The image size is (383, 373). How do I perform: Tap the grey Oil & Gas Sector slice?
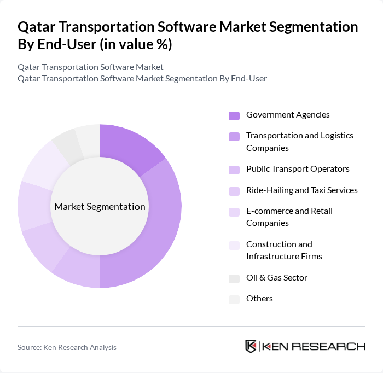tap(65, 144)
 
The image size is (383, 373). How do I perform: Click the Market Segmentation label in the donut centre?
tap(100, 207)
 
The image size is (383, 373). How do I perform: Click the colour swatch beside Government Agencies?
tap(234, 115)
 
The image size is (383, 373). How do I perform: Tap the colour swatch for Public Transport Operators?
tap(234, 170)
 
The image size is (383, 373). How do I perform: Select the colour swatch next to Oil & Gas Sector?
tap(234, 278)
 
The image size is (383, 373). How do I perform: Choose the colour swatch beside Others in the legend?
tap(234, 299)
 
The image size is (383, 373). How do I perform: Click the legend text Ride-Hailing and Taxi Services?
tap(301, 190)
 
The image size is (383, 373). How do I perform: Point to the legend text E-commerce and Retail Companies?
tap(289, 217)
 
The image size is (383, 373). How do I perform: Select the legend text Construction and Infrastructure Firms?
tap(284, 250)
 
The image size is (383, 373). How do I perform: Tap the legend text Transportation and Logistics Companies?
tap(299, 142)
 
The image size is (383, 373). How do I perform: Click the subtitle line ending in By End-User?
tap(142, 78)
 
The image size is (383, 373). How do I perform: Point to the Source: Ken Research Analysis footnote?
tap(67, 347)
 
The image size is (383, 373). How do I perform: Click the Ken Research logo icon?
tap(251, 346)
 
